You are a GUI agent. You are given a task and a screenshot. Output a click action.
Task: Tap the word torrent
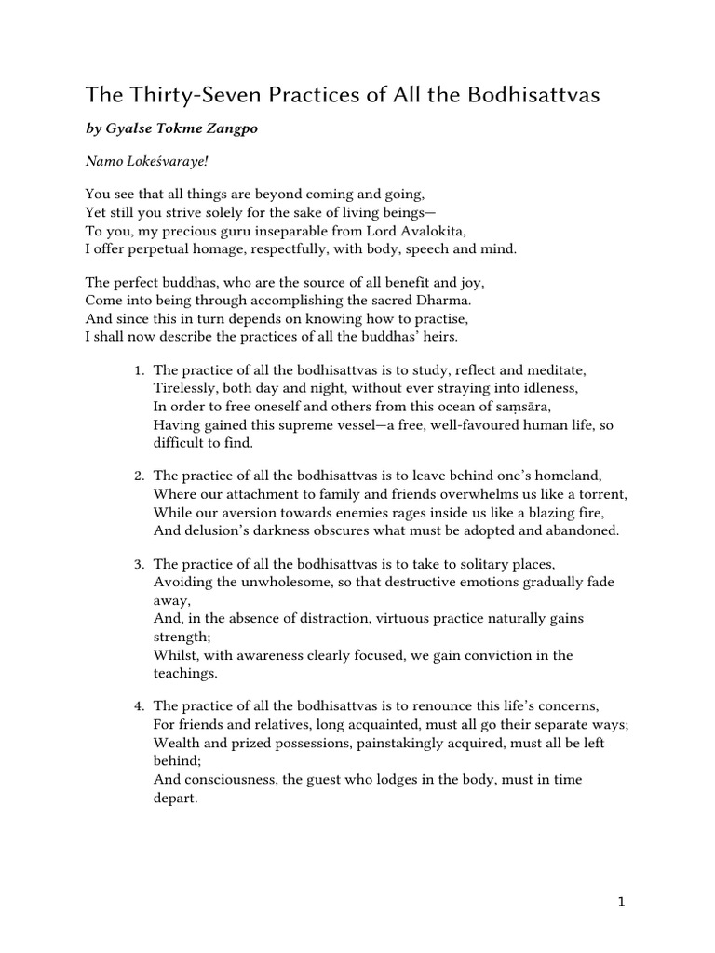pos(603,494)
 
